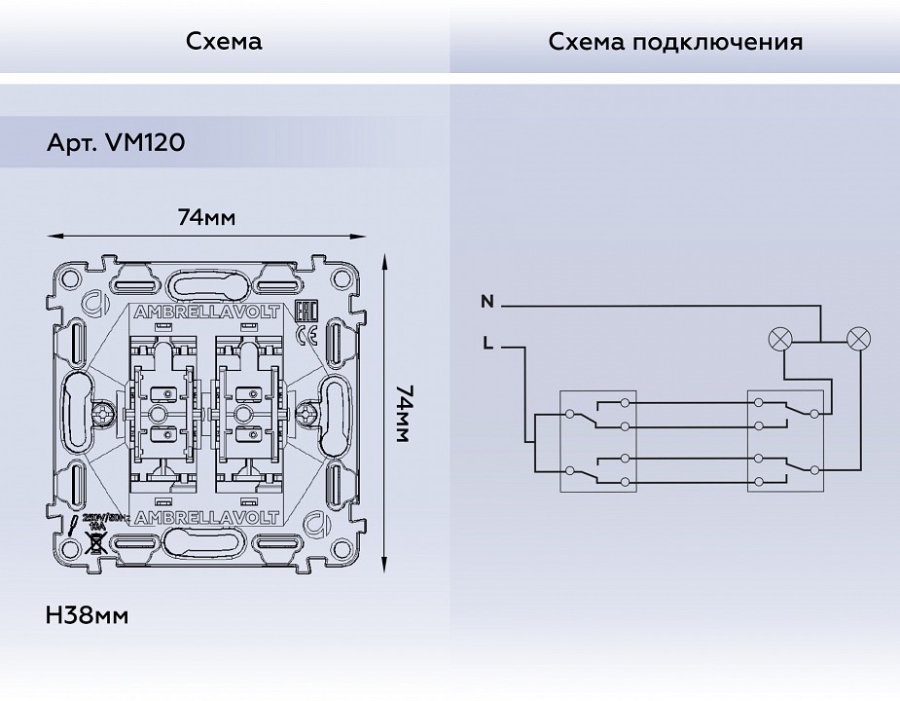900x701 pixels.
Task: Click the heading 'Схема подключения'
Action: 675,42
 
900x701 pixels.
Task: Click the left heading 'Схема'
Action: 224,42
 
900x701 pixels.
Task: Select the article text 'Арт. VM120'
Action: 116,142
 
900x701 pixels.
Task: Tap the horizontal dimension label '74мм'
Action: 206,216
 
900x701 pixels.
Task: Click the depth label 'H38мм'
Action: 87,615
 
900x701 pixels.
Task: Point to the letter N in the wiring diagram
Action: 486,303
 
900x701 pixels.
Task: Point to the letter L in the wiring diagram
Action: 486,343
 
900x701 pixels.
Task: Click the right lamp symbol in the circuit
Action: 859,340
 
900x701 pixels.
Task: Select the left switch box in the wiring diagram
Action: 597,439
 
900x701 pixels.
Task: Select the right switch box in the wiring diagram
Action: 785,439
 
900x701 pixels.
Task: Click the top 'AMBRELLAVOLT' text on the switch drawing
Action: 205,313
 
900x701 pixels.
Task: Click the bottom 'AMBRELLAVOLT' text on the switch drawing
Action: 205,515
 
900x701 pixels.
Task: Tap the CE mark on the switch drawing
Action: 305,337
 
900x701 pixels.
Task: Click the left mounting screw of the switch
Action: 102,414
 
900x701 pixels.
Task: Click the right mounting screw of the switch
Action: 309,414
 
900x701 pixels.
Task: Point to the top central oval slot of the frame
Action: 205,285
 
